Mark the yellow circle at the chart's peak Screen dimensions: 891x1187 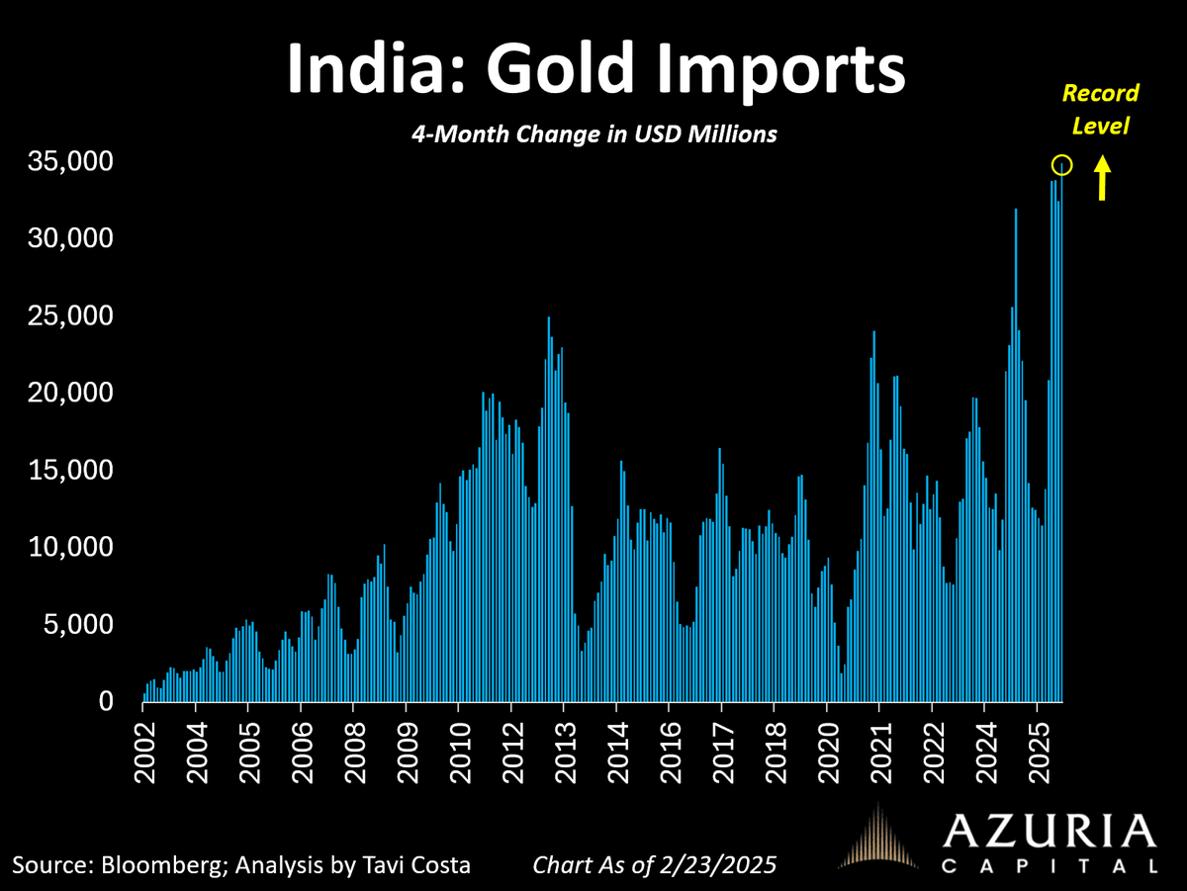point(1061,164)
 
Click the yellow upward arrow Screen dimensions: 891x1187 point(1102,181)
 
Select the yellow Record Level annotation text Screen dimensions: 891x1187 point(1100,110)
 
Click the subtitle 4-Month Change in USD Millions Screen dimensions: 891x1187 point(593,134)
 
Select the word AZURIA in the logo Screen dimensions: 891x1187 point(1050,831)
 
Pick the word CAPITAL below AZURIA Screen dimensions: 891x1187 point(1050,866)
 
